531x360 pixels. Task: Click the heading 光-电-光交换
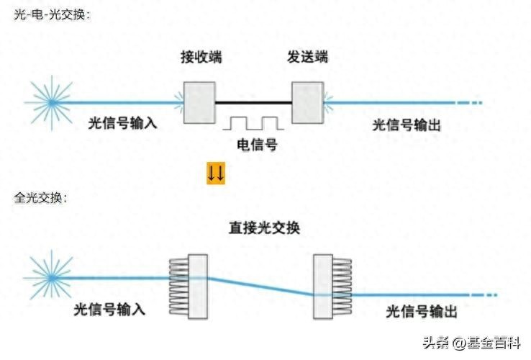click(52, 14)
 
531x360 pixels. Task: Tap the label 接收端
click(201, 57)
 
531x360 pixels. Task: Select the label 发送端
click(307, 56)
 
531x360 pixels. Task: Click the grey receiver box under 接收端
click(199, 103)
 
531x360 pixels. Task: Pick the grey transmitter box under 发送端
click(307, 103)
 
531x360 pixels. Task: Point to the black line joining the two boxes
click(253, 102)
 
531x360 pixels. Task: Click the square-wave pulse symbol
click(253, 123)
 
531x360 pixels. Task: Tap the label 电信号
click(257, 145)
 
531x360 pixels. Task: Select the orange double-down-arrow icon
click(216, 174)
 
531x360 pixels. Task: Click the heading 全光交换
click(40, 197)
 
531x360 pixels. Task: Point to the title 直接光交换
click(264, 228)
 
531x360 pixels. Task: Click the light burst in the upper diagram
click(52, 102)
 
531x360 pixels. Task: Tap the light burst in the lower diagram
click(52, 278)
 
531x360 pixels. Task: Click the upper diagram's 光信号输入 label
click(122, 122)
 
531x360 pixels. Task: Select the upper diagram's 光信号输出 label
click(407, 125)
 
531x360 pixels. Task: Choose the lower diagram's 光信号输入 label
click(109, 309)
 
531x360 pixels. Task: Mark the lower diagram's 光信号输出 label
click(422, 311)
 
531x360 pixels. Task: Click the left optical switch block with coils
click(189, 287)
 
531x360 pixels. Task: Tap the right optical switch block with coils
click(332, 287)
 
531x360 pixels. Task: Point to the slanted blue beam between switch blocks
click(260, 287)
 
